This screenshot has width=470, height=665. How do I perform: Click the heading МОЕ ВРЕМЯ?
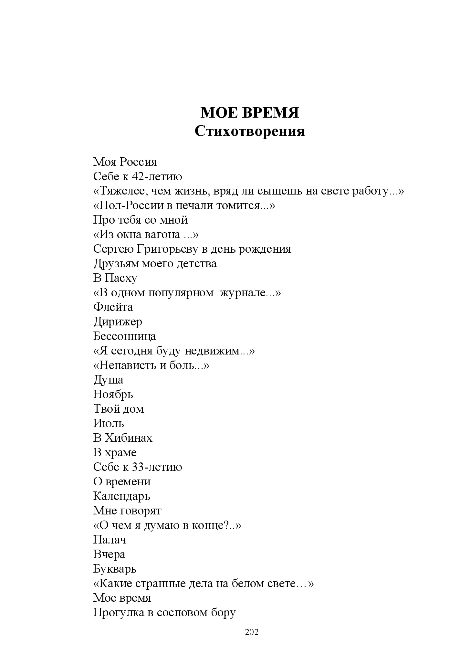pos(250,113)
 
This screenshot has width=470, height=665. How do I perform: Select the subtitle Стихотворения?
pos(250,131)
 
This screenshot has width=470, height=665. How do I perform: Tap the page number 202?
pos(252,632)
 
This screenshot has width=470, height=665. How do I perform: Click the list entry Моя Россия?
pos(125,162)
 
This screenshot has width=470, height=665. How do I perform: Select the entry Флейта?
pos(113,307)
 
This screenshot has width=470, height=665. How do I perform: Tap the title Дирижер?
pos(118,322)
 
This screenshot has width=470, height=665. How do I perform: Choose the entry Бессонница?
pos(124,336)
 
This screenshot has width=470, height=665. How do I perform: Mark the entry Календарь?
pos(121,496)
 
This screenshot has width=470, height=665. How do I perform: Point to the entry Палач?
pos(110,540)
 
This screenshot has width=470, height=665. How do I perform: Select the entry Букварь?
pos(115,569)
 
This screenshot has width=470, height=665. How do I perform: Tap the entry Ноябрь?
pos(113,395)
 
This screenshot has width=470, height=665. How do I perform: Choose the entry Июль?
pos(109,424)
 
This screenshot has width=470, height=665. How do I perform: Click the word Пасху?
pos(121,278)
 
